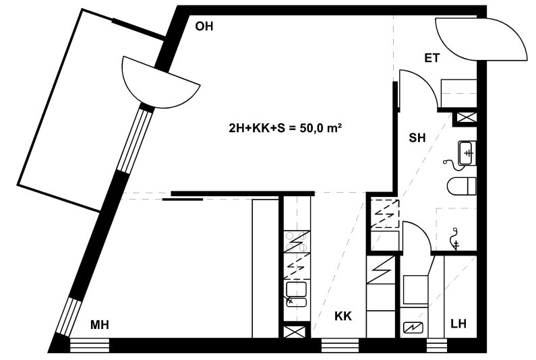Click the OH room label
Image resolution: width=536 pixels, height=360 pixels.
pyautogui.click(x=204, y=26)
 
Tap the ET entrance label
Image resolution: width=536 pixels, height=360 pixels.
pyautogui.click(x=432, y=58)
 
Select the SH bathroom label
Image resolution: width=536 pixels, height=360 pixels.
pyautogui.click(x=417, y=138)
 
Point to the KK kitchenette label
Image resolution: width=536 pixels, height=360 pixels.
pyautogui.click(x=343, y=316)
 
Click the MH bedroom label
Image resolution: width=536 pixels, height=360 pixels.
pyautogui.click(x=100, y=325)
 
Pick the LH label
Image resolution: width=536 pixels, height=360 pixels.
pyautogui.click(x=458, y=324)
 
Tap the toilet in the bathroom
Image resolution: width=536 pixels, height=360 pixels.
pyautogui.click(x=461, y=186)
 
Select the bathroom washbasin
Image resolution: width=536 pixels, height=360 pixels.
pyautogui.click(x=467, y=153)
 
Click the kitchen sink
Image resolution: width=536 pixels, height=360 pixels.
pyautogui.click(x=296, y=293)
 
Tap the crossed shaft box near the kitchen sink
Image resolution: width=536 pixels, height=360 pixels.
pyautogui.click(x=296, y=332)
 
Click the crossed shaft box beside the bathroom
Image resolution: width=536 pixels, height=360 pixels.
pyautogui.click(x=466, y=118)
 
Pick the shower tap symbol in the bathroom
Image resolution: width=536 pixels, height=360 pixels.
pyautogui.click(x=455, y=238)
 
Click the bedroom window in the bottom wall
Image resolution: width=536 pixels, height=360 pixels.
pyautogui.click(x=90, y=345)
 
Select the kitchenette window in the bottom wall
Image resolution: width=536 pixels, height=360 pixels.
pyautogui.click(x=340, y=345)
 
